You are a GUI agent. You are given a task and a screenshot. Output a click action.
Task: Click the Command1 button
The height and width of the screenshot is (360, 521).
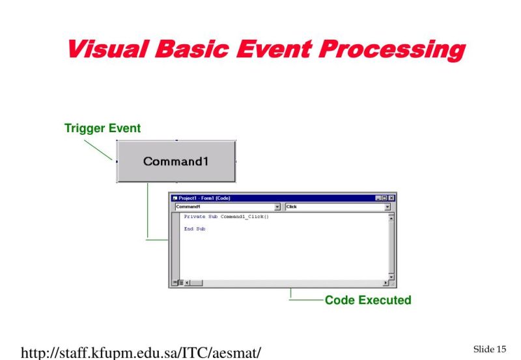click(176, 161)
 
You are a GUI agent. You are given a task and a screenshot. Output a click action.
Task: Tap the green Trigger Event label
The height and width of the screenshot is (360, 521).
click(102, 129)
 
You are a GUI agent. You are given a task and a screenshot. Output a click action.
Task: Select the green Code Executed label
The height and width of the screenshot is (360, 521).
click(368, 300)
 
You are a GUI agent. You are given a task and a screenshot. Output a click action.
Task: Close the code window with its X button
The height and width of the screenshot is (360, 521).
click(391, 198)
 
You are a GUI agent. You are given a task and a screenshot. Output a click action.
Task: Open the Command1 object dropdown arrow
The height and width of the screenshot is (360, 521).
click(277, 207)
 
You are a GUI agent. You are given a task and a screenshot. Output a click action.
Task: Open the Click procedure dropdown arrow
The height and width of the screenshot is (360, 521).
click(387, 207)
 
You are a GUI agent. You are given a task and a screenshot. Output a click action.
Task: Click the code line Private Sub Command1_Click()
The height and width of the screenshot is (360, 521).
click(226, 216)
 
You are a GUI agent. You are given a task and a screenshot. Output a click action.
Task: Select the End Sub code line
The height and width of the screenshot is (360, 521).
click(194, 228)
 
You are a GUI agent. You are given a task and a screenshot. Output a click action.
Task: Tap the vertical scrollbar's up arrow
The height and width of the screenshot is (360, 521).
click(391, 216)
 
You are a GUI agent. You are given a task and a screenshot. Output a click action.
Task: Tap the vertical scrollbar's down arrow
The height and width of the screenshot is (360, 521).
click(391, 276)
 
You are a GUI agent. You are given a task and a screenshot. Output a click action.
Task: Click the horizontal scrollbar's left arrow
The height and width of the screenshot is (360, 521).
click(188, 283)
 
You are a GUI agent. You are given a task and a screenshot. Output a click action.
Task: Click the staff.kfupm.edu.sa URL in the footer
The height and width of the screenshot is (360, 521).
click(141, 353)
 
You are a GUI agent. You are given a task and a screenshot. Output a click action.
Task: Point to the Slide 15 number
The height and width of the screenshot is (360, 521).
click(489, 350)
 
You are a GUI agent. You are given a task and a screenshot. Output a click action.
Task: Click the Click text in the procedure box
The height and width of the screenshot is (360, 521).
click(292, 207)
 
